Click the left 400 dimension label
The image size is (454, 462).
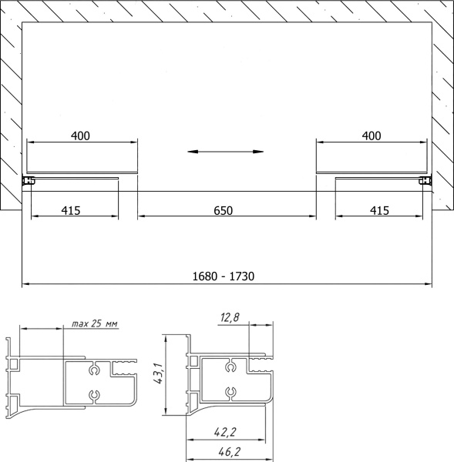click(80, 136)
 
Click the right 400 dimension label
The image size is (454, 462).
click(372, 136)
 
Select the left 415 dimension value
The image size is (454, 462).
click(71, 211)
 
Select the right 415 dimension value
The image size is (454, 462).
click(379, 211)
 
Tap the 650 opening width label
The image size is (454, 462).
click(224, 211)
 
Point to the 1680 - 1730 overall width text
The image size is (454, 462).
click(224, 276)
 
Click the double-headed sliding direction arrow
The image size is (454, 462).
click(225, 152)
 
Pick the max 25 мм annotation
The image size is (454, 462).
click(94, 323)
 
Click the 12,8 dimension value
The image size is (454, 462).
click(230, 317)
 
